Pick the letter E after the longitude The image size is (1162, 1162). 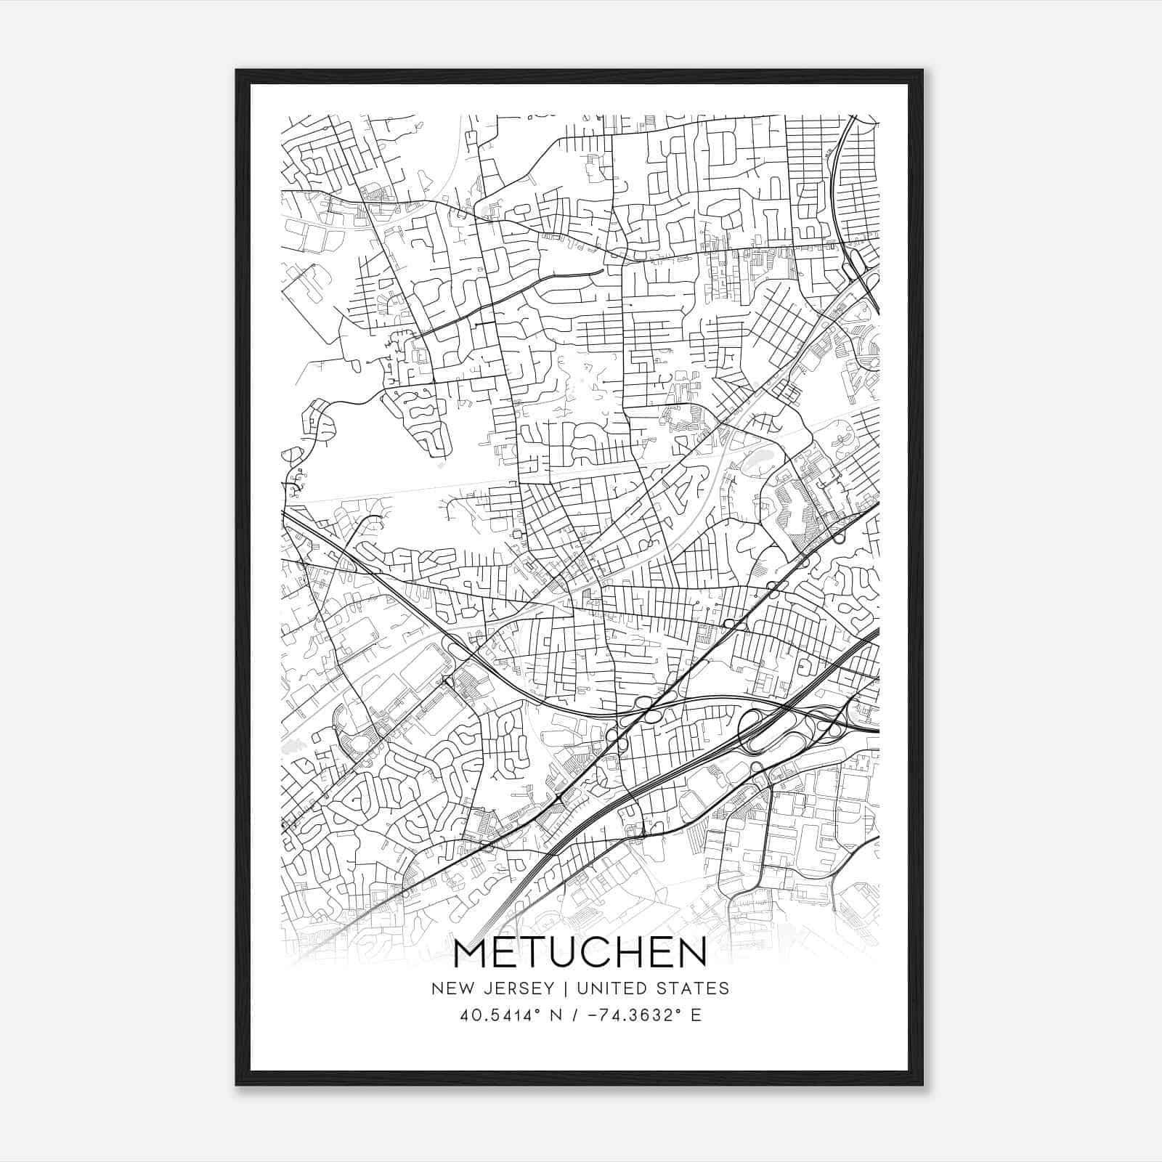696,1015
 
